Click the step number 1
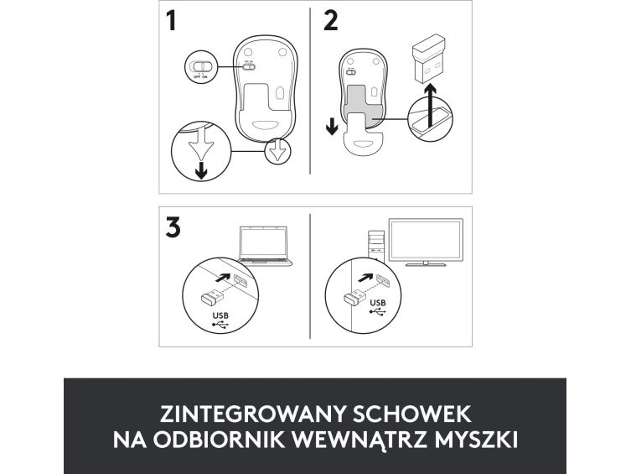click(x=172, y=21)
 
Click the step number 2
click(x=331, y=21)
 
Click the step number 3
click(x=173, y=227)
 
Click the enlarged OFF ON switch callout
click(x=201, y=67)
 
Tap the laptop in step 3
click(x=265, y=246)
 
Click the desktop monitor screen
click(x=426, y=241)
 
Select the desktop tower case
click(x=376, y=246)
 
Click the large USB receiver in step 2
click(x=428, y=59)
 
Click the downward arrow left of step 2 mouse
click(x=332, y=127)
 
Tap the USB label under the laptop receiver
click(x=220, y=315)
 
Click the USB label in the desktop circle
click(x=377, y=303)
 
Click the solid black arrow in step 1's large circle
click(x=201, y=172)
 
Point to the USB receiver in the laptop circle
click(x=212, y=298)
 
